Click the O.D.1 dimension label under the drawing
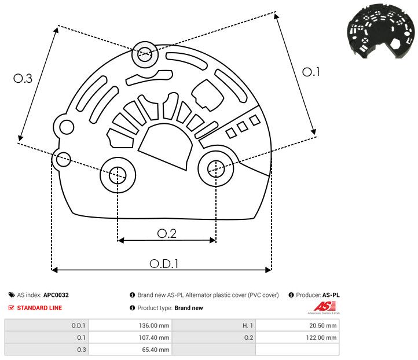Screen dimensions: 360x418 coord(164,263)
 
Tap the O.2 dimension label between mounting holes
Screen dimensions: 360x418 coord(167,233)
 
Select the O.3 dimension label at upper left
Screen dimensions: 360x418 coord(23,79)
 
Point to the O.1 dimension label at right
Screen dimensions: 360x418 coord(311,72)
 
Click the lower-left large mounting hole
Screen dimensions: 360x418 coord(118,174)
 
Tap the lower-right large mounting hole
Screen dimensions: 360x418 coord(216,168)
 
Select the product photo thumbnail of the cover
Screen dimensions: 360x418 coord(379,32)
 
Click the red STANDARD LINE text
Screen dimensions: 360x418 coord(39,308)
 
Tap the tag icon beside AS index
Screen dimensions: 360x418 coord(12,295)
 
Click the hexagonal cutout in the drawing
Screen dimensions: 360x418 coord(204,93)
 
